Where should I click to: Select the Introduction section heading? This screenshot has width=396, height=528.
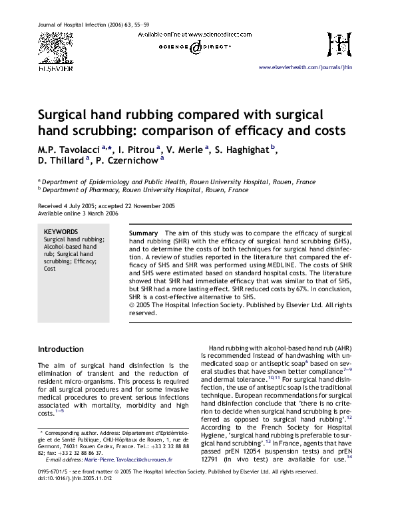pyautogui.click(x=61, y=349)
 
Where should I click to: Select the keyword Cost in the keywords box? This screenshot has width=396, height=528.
pyautogui.click(x=50, y=268)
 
